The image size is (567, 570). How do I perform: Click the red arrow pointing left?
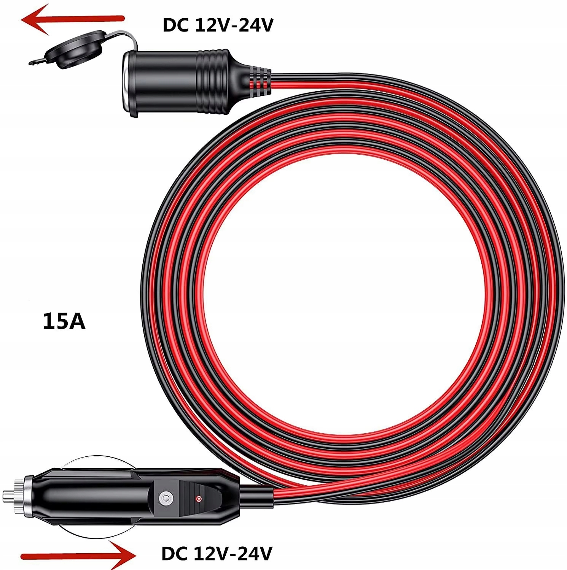click(72, 19)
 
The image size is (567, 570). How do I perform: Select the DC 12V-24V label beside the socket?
click(218, 25)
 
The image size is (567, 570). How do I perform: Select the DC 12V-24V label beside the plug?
click(217, 554)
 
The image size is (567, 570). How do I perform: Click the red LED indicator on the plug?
click(198, 498)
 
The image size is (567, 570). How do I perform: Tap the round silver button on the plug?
click(165, 497)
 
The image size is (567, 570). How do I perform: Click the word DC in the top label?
click(176, 25)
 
